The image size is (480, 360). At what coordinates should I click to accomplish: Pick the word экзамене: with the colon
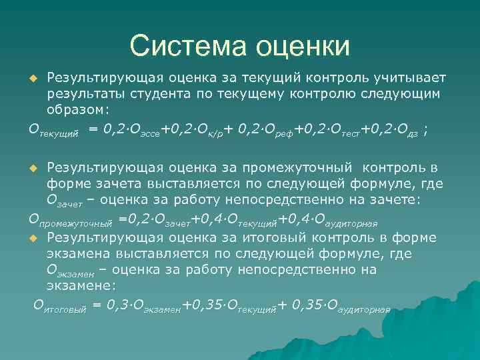pos(81,285)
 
